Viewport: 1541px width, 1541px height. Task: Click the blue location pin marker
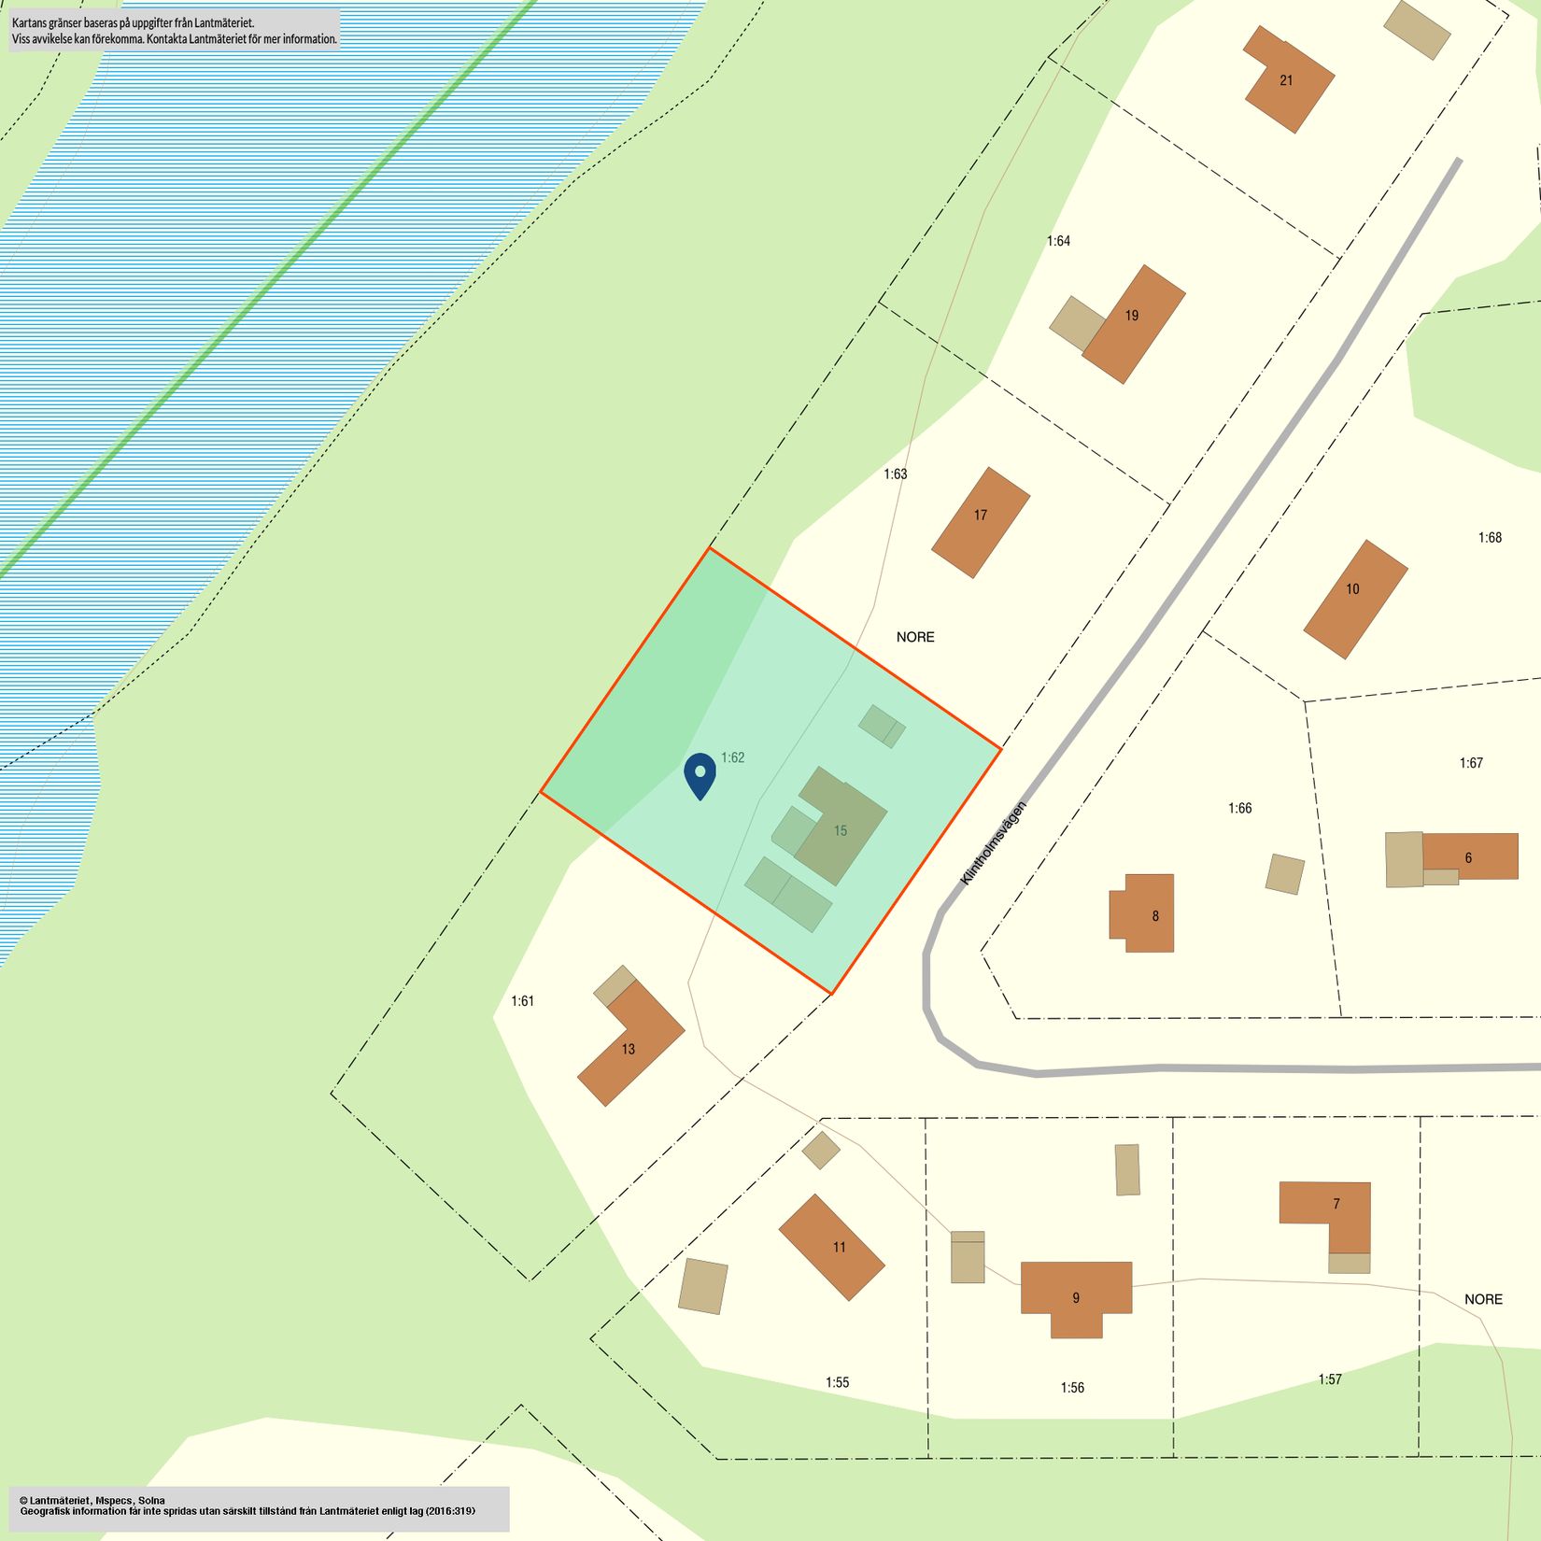[700, 774]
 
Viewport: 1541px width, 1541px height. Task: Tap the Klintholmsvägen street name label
[993, 842]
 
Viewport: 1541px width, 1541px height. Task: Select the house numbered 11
[831, 1247]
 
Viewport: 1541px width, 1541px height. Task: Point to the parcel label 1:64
[1058, 241]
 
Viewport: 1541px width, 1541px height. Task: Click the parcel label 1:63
[895, 474]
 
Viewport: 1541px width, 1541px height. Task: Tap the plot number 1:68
[1490, 538]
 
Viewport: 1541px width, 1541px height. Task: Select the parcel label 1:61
[522, 1001]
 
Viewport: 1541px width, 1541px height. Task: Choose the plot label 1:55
[837, 1382]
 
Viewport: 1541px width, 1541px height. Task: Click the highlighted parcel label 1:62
[732, 757]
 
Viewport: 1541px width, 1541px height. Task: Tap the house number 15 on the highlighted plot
[841, 830]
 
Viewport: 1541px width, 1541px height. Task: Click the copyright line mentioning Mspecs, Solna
[92, 1501]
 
